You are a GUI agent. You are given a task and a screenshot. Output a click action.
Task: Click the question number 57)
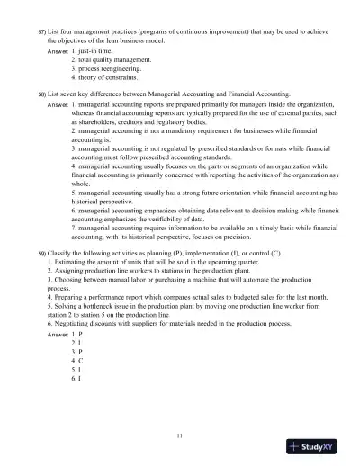(x=41, y=31)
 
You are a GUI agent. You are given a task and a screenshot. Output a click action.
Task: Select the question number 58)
(x=41, y=94)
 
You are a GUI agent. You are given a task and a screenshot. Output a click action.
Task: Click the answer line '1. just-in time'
(x=96, y=51)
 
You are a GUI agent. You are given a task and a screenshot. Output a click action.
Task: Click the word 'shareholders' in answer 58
(x=101, y=123)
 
